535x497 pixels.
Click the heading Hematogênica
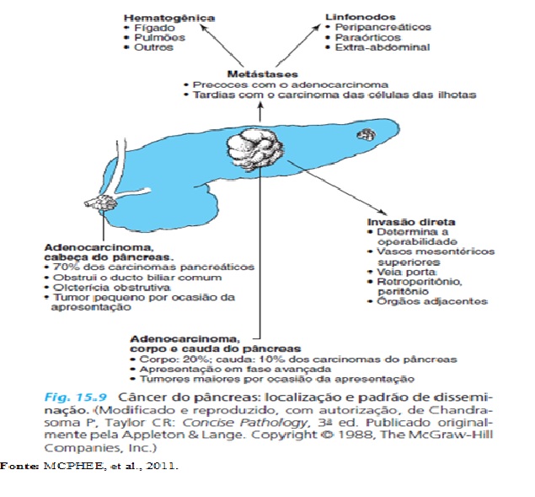coord(168,17)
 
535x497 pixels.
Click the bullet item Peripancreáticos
coord(381,27)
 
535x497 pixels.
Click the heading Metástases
coord(260,74)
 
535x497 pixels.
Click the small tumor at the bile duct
coord(102,204)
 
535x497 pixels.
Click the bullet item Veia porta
coord(403,272)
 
